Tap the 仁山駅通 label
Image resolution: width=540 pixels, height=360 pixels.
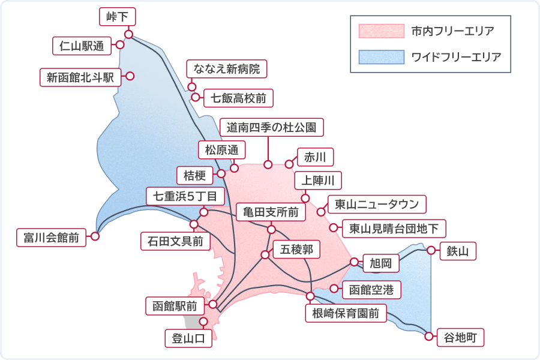coord(82,45)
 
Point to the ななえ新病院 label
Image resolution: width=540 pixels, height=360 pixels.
coord(227,69)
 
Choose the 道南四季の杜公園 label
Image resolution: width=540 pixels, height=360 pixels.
coord(272,127)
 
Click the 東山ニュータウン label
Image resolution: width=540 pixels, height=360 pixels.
coord(377,204)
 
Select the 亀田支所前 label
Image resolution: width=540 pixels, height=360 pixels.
coord(271,212)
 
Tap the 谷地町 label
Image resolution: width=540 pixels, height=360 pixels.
coord(460,337)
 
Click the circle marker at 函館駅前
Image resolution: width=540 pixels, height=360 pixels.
coord(212,304)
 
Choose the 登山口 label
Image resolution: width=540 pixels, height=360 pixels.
coord(188,338)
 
